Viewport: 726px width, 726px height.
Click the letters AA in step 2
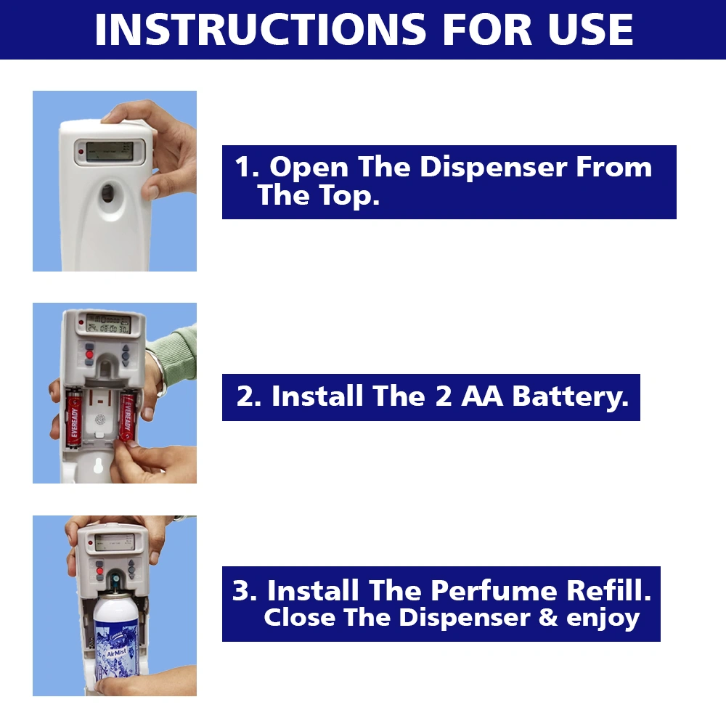481,396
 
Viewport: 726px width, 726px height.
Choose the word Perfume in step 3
493,591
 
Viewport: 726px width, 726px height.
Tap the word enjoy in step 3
603,619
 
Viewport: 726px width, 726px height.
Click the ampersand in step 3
548,617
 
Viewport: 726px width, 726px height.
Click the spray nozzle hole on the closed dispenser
108,193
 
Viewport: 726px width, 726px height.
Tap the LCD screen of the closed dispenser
110,152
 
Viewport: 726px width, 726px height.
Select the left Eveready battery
74,419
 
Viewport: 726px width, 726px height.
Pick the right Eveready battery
127,416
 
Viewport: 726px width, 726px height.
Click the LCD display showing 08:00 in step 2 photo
109,324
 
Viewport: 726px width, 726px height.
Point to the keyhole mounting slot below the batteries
98,465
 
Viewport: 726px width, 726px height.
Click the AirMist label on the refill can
116,653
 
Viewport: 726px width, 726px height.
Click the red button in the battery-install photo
90,355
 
